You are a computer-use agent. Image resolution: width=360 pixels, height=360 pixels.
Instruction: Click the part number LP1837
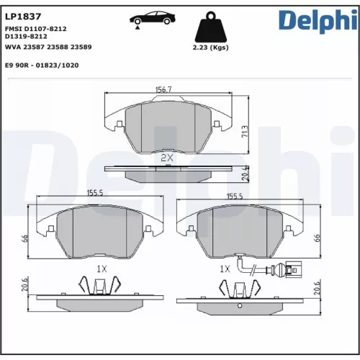(x=21, y=15)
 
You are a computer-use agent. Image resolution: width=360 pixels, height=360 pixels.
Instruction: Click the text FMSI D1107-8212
(x=35, y=28)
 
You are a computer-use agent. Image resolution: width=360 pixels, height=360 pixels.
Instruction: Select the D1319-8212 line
(x=26, y=36)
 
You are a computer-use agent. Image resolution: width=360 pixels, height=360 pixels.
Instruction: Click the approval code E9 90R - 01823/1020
(x=41, y=65)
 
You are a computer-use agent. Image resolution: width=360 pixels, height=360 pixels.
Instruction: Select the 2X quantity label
(x=168, y=156)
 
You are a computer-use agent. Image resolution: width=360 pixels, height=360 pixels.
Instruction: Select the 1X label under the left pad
(x=102, y=268)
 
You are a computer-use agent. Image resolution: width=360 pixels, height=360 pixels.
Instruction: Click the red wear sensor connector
(x=292, y=271)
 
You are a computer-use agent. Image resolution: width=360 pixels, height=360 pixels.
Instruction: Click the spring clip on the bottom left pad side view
(x=99, y=289)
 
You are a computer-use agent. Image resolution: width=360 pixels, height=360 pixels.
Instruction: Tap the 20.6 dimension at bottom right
(x=317, y=287)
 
